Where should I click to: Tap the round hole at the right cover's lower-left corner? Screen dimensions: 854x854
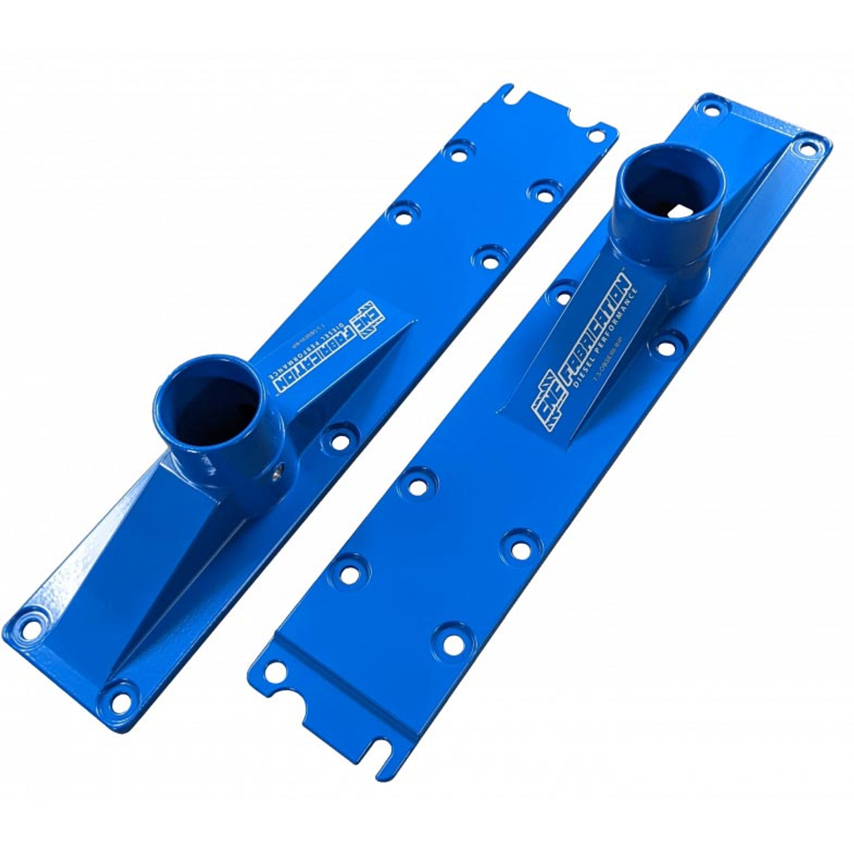(x=273, y=676)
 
